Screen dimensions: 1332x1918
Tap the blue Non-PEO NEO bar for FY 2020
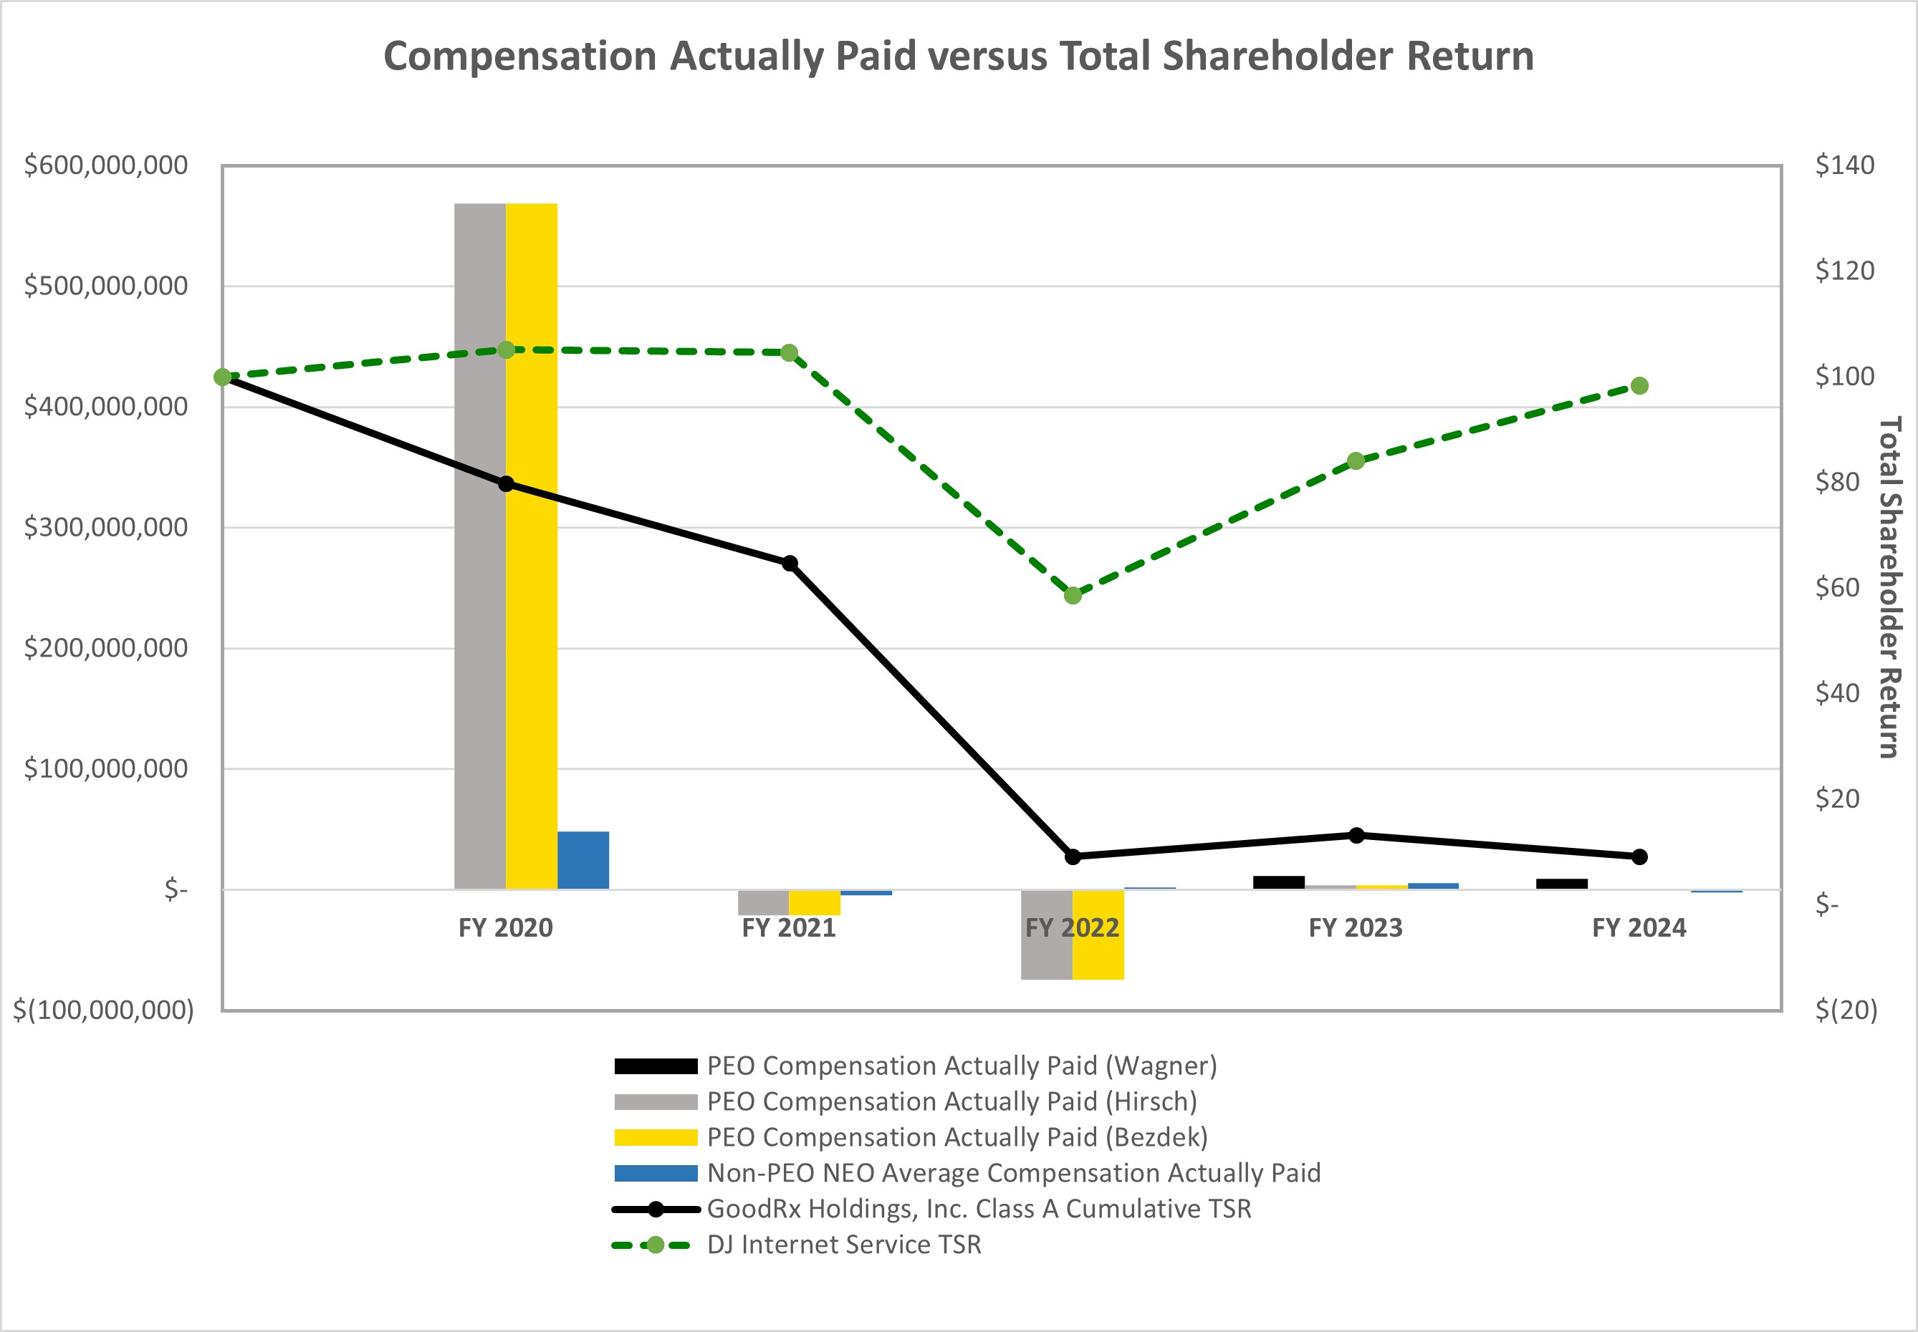click(x=582, y=859)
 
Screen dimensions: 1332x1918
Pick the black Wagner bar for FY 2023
click(x=1278, y=882)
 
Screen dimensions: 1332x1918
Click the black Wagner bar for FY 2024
click(x=1561, y=884)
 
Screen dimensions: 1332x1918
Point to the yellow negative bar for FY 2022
click(x=1098, y=935)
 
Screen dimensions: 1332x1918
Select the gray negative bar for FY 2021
click(x=763, y=902)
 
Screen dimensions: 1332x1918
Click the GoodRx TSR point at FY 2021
click(x=789, y=564)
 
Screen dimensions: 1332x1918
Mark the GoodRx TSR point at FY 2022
click(x=1073, y=856)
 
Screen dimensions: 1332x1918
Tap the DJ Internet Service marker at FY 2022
click(x=1073, y=595)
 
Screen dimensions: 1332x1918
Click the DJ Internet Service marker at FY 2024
click(x=1639, y=385)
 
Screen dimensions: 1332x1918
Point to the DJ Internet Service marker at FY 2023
click(x=1356, y=460)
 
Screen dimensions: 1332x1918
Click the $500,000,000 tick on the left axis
click(x=106, y=286)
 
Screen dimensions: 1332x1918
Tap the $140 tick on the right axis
click(x=1844, y=165)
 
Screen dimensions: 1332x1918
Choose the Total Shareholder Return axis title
click(x=1889, y=587)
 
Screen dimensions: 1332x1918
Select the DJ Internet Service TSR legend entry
click(x=843, y=1245)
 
